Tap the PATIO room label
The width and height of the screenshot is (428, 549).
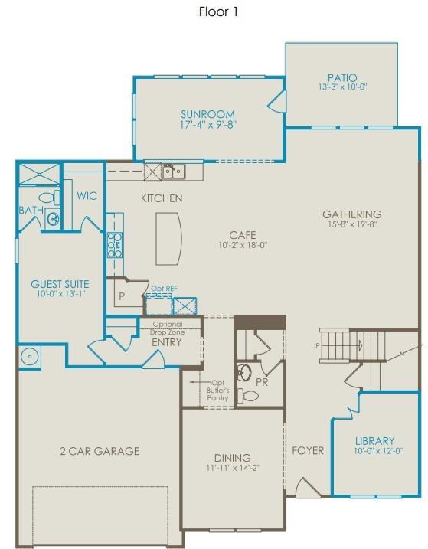pyautogui.click(x=341, y=77)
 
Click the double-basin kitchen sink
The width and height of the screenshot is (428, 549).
pyautogui.click(x=172, y=172)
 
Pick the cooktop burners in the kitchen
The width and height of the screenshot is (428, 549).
pyautogui.click(x=115, y=244)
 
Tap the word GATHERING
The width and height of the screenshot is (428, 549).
pyautogui.click(x=351, y=214)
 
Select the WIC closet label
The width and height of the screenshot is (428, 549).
pyautogui.click(x=87, y=196)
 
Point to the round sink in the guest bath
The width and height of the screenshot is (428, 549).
pyautogui.click(x=54, y=220)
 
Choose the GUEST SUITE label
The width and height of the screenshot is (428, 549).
pyautogui.click(x=60, y=284)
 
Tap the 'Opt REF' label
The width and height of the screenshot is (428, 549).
pyautogui.click(x=165, y=289)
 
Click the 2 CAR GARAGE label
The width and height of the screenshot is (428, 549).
pyautogui.click(x=100, y=451)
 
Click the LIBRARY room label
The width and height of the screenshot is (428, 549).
pyautogui.click(x=375, y=441)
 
